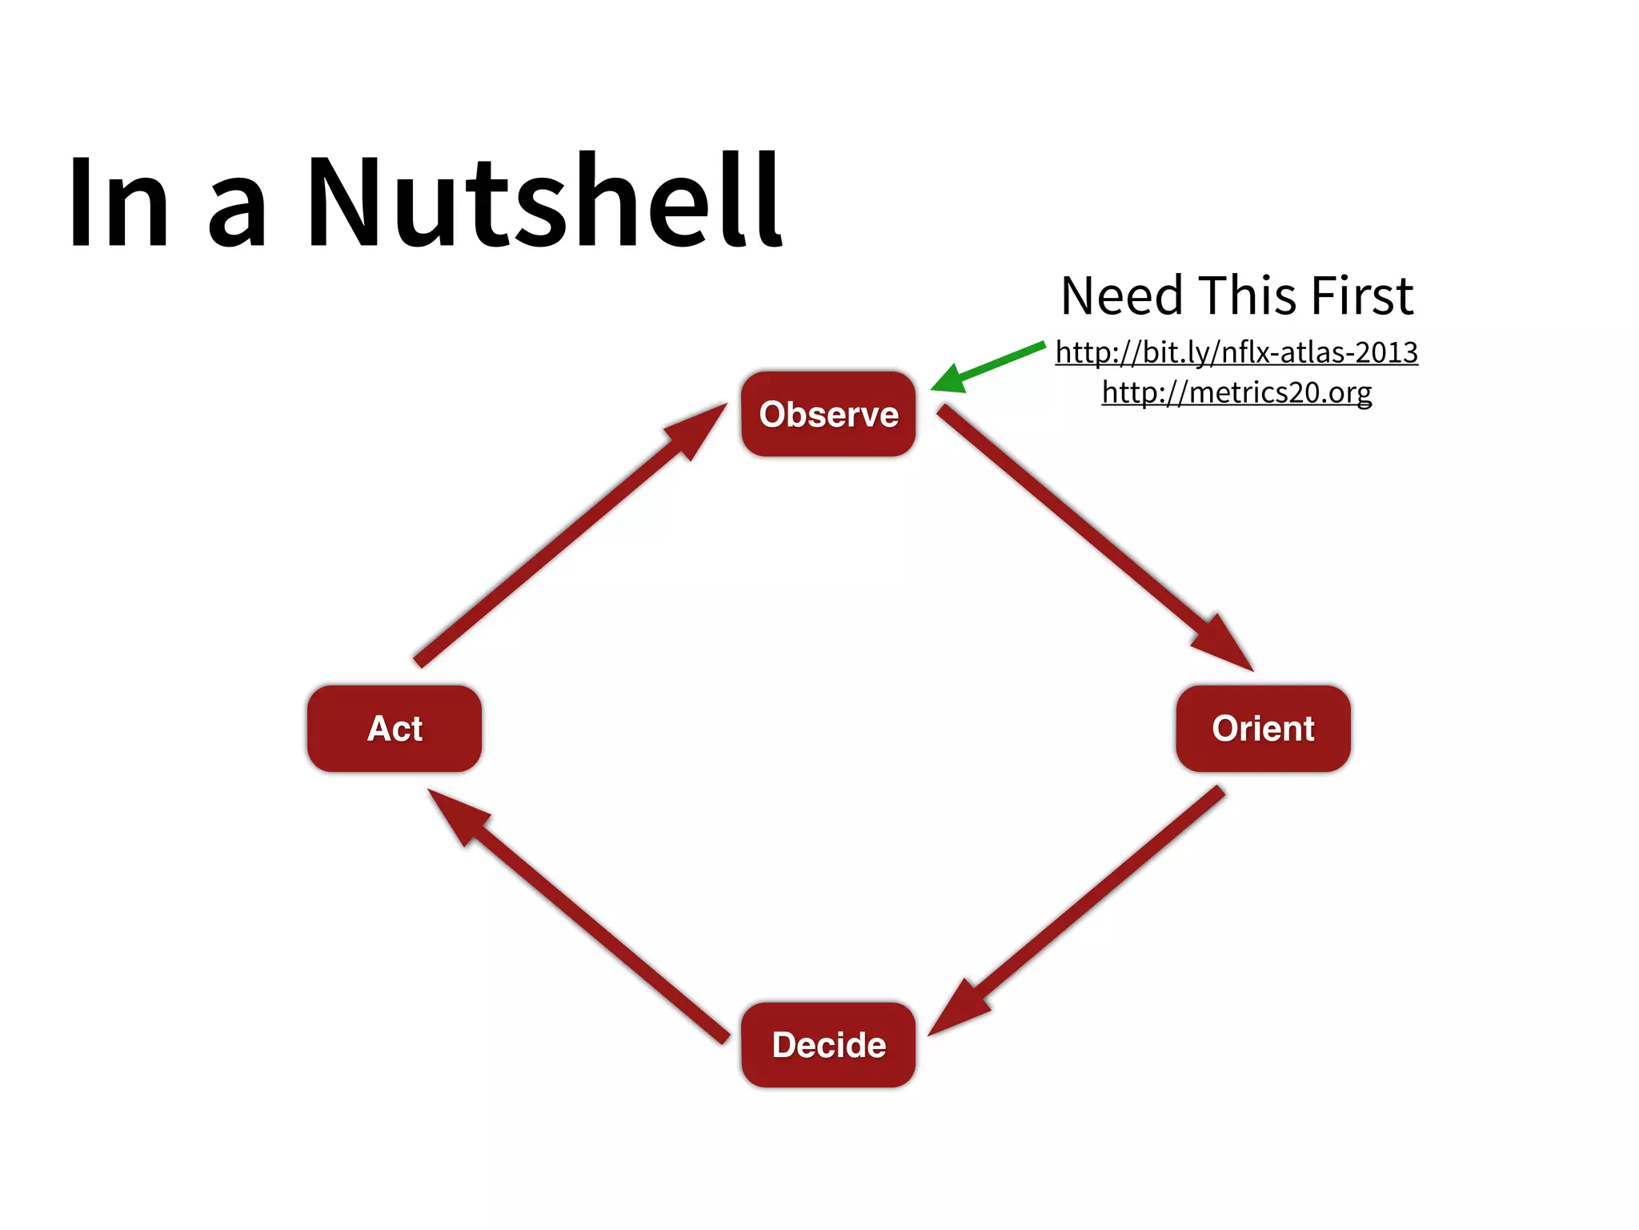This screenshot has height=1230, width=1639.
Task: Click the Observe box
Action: coord(828,414)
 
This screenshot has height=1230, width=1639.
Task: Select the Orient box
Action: coord(1263,728)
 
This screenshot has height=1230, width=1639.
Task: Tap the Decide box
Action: coord(828,1044)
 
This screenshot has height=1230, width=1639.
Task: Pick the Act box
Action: coord(395,728)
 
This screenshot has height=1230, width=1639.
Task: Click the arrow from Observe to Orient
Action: coord(1088,533)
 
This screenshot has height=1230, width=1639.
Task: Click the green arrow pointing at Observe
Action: coord(992,365)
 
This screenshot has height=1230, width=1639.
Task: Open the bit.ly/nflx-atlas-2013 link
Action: coord(1236,352)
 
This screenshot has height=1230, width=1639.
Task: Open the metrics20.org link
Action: coord(1236,392)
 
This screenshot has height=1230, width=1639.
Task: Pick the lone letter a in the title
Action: coord(236,212)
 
